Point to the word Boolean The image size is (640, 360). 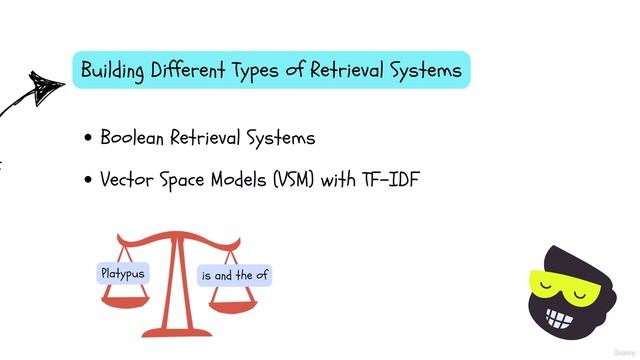[x=137, y=138]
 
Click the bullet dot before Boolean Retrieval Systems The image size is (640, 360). [x=90, y=139]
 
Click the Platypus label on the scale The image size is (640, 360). [x=123, y=273]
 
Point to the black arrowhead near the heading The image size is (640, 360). [x=46, y=85]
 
